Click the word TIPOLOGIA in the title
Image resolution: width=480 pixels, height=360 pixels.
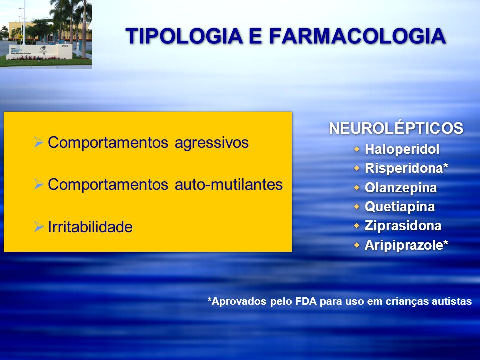pos(184,36)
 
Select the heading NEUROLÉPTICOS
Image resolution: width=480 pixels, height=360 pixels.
pos(396,128)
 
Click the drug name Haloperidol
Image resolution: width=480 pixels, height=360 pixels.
pos(402,149)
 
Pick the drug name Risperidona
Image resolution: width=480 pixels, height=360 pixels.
pos(404,168)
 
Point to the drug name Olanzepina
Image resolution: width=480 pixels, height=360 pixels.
pos(400,188)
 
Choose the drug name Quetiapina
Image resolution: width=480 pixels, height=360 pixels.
pos(400,207)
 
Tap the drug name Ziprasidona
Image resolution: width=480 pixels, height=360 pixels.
pos(403,226)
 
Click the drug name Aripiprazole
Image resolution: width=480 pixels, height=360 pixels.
pos(404,245)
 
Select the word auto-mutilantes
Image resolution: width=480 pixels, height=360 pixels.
pos(229,184)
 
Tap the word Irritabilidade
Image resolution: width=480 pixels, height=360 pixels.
pos(90,227)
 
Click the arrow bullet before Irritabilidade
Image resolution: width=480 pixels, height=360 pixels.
pos(39,227)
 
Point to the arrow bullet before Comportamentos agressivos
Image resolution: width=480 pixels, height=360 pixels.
pos(39,142)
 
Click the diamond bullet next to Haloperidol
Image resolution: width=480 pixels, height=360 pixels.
pos(357,149)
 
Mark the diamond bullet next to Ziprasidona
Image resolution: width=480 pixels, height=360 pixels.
pos(357,226)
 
